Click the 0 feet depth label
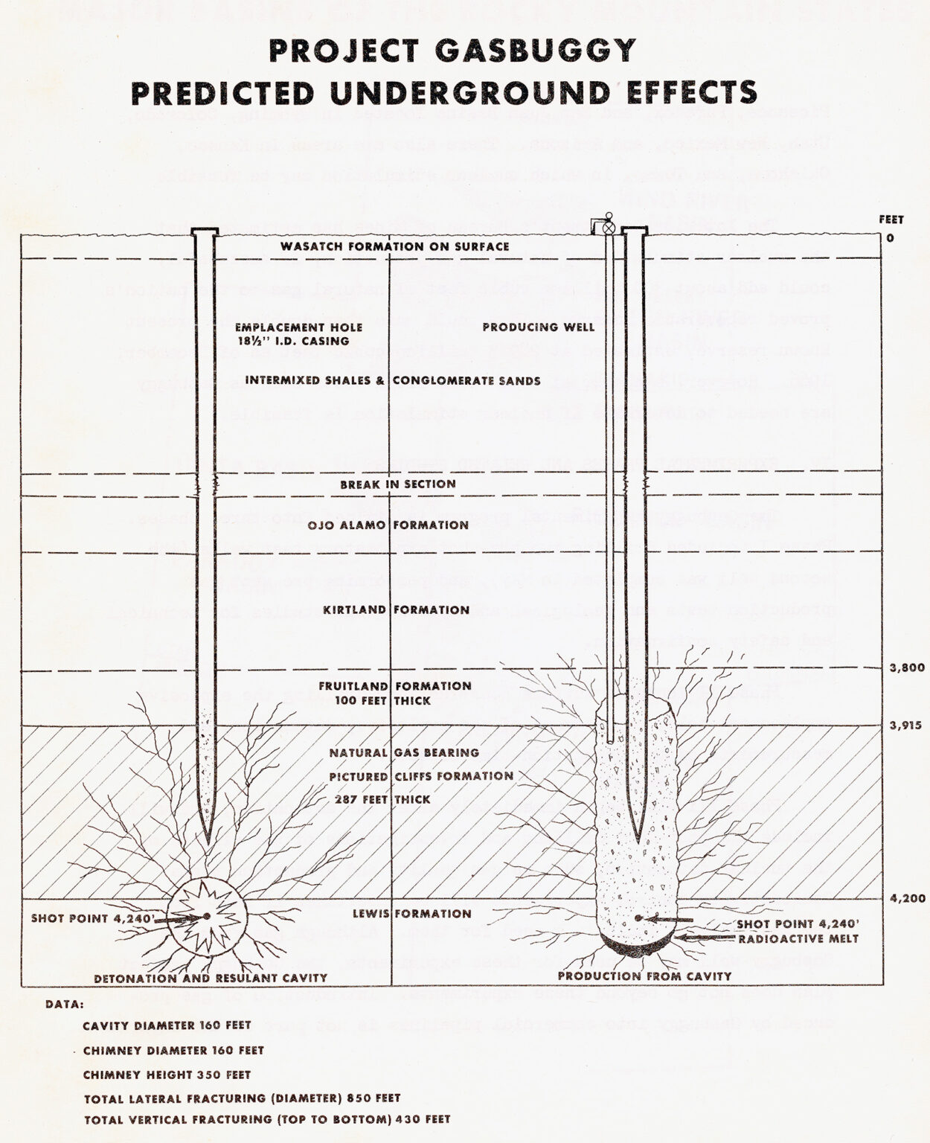[x=890, y=238]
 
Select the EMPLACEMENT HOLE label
[x=299, y=327]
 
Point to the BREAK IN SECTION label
[x=398, y=484]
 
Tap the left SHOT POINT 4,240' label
[x=92, y=918]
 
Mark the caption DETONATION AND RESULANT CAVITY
[x=211, y=978]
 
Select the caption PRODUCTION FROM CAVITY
[x=644, y=976]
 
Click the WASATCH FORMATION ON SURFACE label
[x=395, y=246]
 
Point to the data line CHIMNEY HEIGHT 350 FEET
[x=167, y=1075]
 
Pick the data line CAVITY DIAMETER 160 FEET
[x=167, y=1025]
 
